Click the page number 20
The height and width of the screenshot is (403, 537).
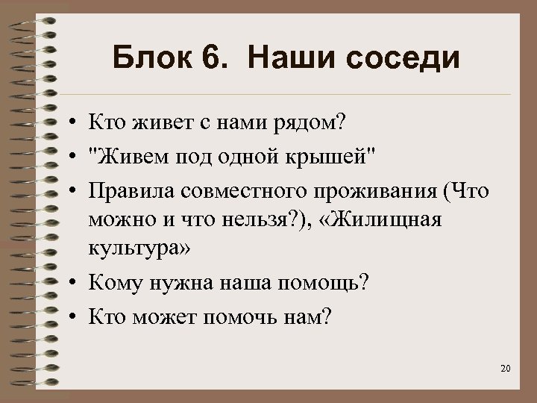pyautogui.click(x=506, y=369)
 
